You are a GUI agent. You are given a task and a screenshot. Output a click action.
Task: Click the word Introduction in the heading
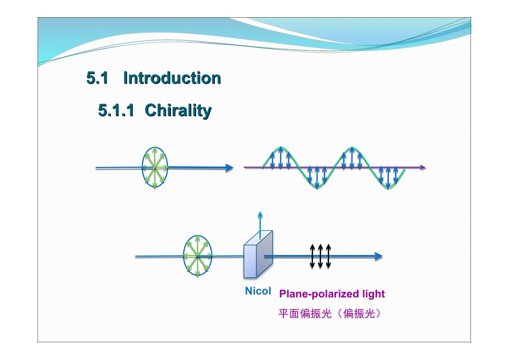coord(172,78)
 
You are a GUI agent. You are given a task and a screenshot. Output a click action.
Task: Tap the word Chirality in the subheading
coord(178,111)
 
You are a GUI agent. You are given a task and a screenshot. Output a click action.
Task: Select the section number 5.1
coord(98,78)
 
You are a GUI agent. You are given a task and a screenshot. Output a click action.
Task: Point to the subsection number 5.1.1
coord(116,111)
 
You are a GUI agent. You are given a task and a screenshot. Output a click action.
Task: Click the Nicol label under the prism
coord(258,291)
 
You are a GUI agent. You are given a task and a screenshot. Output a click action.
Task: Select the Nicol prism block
coord(258,254)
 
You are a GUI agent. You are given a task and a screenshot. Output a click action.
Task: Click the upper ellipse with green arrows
coord(155,168)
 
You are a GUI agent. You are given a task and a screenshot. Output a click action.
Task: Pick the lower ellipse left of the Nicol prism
coord(198,257)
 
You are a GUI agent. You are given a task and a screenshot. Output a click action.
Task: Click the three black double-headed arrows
coord(320,256)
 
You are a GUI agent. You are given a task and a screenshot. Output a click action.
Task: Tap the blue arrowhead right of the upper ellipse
coord(229,168)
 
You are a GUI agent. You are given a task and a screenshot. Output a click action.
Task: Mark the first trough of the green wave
coord(316,187)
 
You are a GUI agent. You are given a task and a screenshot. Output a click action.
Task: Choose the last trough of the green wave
coord(387,187)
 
